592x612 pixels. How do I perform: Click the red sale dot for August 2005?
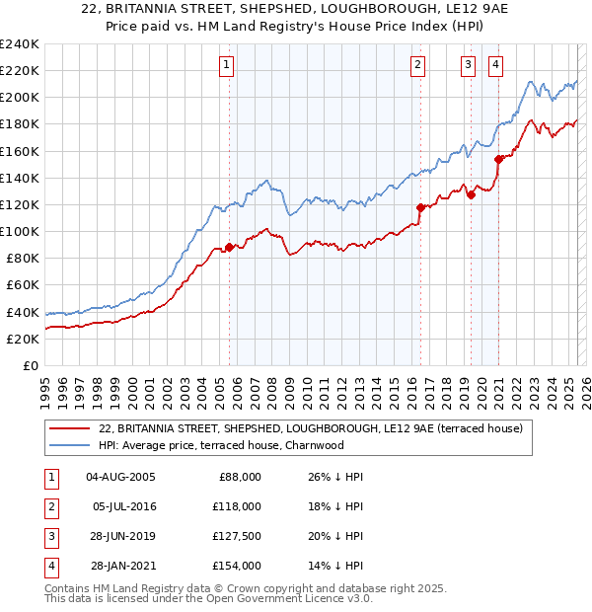[x=230, y=248]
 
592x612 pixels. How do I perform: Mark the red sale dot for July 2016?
[x=421, y=207]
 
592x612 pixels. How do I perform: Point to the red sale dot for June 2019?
[x=472, y=194]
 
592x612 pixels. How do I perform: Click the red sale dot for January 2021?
[x=499, y=159]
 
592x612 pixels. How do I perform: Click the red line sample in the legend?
[x=70, y=429]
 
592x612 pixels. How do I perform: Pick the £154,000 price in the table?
[x=237, y=566]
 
